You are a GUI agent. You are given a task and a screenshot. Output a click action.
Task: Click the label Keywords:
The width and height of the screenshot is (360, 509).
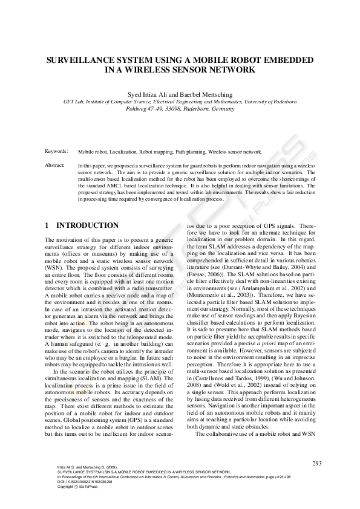click(56, 152)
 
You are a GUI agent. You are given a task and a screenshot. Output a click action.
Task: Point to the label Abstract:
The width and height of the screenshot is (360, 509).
click(55, 164)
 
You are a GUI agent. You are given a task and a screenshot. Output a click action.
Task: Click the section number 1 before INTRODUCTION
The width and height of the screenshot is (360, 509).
click(47, 225)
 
